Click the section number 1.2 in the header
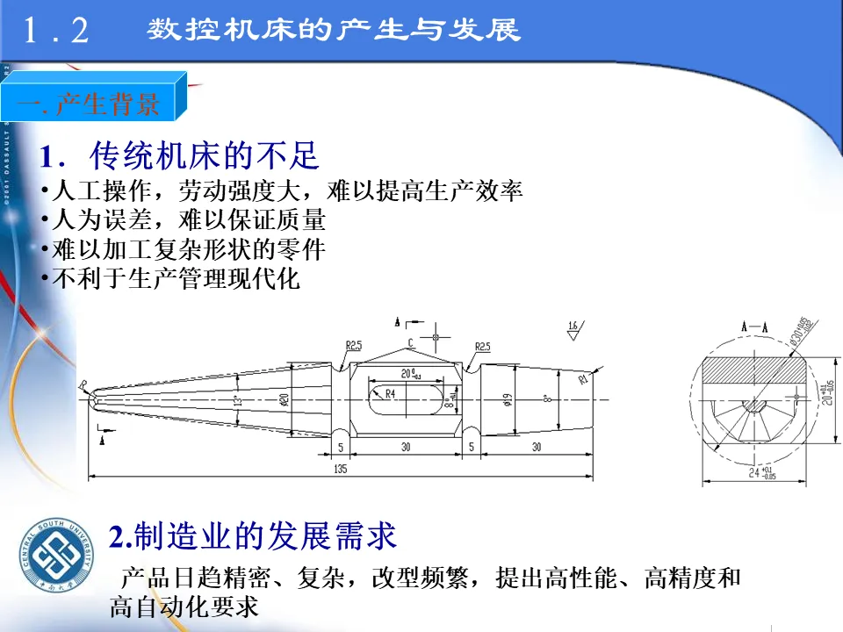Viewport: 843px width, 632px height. click(x=56, y=32)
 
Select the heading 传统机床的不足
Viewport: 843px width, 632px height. click(x=204, y=156)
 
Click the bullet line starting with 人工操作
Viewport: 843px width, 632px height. click(x=281, y=191)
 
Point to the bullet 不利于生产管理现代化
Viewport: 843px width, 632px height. click(x=170, y=280)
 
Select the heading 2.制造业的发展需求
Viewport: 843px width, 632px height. click(x=253, y=535)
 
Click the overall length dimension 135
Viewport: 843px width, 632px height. click(x=341, y=470)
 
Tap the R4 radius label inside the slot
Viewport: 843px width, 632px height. click(x=389, y=394)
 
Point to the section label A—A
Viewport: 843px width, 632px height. click(x=753, y=326)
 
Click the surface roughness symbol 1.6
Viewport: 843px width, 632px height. click(x=573, y=327)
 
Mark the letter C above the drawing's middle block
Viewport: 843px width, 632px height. click(x=410, y=341)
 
